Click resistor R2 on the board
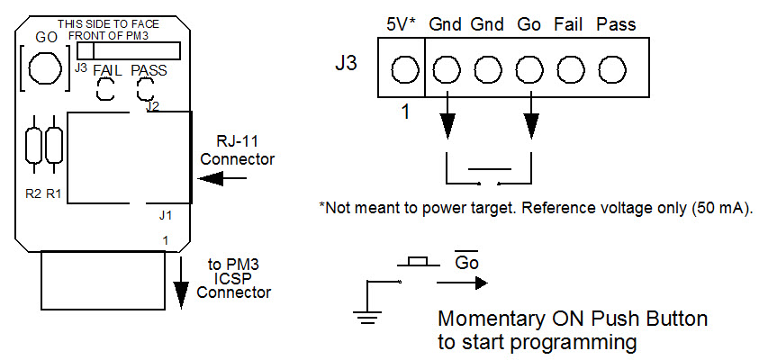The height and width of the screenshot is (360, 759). pos(34,146)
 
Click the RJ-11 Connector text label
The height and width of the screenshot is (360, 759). pos(237,151)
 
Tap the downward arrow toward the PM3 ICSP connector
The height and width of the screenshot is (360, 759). pos(181,283)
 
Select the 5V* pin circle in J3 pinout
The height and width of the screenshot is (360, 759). pos(405,69)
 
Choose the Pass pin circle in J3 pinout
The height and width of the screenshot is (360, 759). pos(613,69)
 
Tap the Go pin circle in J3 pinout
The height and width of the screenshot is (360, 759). pos(529,69)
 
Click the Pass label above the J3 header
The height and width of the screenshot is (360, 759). pos(616,24)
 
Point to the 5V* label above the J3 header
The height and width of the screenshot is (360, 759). pos(401,24)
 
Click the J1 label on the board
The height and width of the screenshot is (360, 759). pos(164,215)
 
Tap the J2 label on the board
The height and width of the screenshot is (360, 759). pos(152,107)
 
